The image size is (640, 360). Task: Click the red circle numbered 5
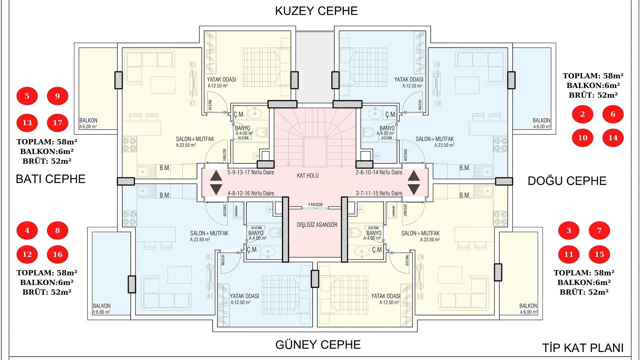[27, 96]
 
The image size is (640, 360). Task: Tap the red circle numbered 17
[57, 123]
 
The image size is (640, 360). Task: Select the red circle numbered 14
[613, 138]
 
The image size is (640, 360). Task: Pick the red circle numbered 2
[583, 114]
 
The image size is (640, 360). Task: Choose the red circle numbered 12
[27, 254]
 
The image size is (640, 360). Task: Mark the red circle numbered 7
[599, 230]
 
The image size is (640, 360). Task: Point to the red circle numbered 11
[569, 254]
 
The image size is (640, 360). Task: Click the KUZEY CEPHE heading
[316, 11]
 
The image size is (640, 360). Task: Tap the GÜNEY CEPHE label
[318, 344]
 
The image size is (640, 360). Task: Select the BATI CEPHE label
[51, 179]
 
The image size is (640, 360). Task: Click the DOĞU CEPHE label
[567, 181]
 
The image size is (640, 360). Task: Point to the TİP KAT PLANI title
[583, 348]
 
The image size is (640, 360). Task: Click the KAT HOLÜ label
[308, 175]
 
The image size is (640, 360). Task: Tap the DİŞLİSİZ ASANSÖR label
[317, 225]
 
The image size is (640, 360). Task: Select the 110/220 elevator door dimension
[315, 205]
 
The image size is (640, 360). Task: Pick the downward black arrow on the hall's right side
[414, 189]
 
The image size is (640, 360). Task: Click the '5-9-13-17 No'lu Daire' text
[251, 172]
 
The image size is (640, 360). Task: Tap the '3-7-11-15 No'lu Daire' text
[379, 193]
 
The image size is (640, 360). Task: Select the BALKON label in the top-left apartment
[88, 120]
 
